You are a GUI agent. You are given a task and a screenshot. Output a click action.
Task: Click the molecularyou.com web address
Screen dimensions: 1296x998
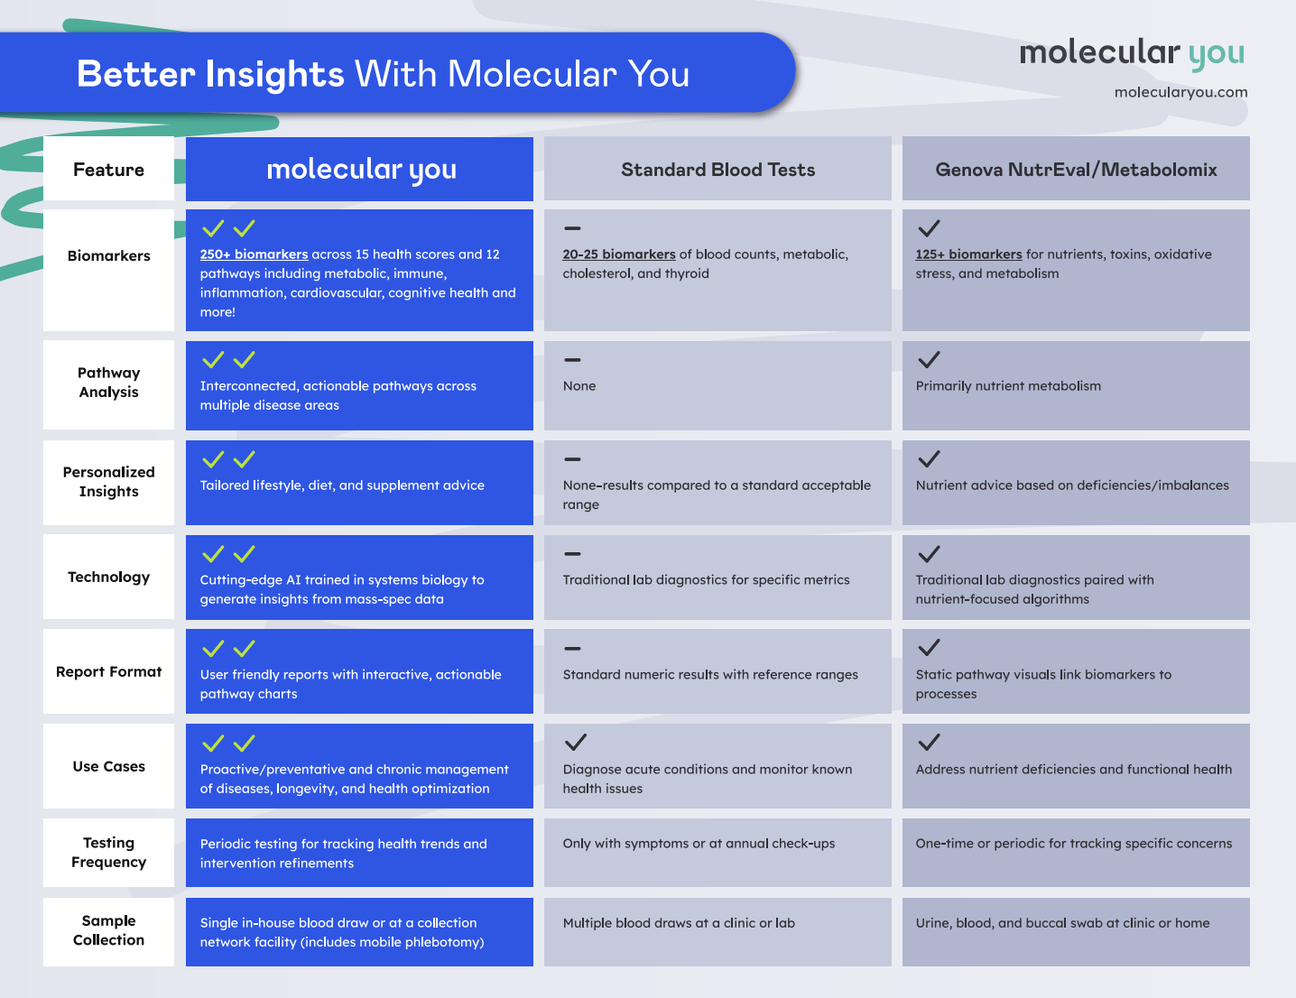point(1180,92)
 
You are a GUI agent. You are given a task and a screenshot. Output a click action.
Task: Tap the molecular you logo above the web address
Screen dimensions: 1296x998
point(1132,53)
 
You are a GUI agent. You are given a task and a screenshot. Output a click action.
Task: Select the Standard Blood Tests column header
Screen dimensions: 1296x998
point(717,170)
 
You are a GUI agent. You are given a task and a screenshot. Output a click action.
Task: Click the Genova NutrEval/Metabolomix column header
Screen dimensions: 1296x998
point(1076,170)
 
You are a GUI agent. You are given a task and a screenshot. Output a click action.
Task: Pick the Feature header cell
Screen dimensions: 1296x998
point(108,170)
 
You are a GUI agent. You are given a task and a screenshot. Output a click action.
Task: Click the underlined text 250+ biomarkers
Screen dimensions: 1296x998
point(255,254)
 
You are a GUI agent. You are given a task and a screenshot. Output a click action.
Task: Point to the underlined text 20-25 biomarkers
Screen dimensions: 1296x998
point(619,254)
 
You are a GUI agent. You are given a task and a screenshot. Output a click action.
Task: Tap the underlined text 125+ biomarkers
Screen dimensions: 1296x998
point(968,254)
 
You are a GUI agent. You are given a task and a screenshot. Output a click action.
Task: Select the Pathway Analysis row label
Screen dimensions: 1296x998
point(108,383)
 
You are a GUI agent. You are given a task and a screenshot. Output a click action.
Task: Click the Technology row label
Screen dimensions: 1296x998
point(108,578)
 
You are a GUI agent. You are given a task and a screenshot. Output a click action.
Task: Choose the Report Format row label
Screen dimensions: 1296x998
point(108,671)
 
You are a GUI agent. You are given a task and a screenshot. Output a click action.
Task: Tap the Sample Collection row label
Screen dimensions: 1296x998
point(108,930)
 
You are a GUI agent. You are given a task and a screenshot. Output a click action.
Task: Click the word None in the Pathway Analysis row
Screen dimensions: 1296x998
point(579,385)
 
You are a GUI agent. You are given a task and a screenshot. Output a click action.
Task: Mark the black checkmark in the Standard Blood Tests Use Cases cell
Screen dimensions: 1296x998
point(576,743)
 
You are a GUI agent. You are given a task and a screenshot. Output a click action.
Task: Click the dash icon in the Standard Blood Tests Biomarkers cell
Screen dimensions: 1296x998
point(572,228)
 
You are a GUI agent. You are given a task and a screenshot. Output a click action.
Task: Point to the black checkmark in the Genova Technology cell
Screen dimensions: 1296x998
point(929,554)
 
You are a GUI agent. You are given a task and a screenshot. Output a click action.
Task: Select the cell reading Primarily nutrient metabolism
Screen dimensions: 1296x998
point(1076,385)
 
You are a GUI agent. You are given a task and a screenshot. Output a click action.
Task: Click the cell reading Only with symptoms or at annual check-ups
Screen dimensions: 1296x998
point(717,853)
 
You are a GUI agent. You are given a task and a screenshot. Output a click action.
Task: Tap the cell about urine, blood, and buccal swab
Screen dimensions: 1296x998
point(1076,932)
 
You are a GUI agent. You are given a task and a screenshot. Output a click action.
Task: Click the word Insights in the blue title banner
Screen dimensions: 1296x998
point(274,75)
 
